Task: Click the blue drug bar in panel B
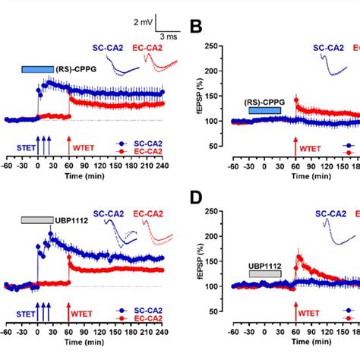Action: [x=264, y=111]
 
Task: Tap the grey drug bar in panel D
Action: [x=264, y=273]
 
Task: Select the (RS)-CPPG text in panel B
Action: [x=264, y=101]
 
